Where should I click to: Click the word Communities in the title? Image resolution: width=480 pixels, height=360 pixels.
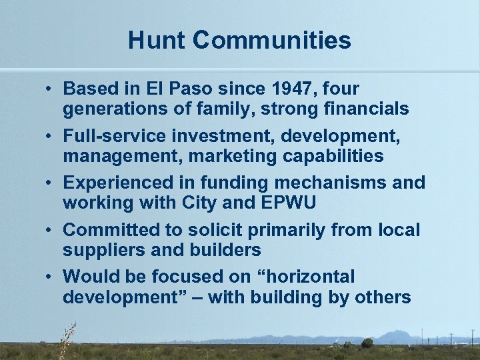[272, 41]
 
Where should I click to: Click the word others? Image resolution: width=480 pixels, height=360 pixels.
[384, 297]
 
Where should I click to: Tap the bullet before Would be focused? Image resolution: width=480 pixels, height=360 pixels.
[51, 277]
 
